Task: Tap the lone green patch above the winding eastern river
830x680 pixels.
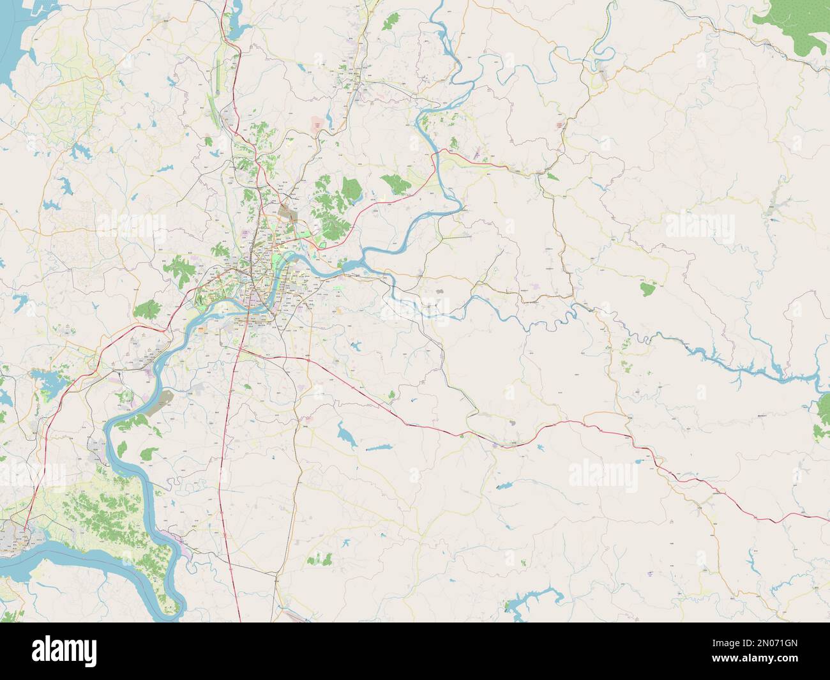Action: click(648, 289)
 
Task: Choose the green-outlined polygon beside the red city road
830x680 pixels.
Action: click(323, 243)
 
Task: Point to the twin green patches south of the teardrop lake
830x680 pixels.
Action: click(319, 559)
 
